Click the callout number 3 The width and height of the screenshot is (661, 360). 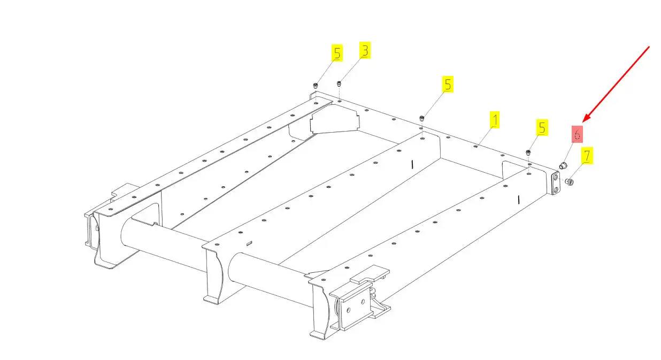pyautogui.click(x=365, y=50)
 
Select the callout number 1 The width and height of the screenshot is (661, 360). pyautogui.click(x=495, y=119)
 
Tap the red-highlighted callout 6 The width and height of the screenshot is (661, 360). pyautogui.click(x=577, y=134)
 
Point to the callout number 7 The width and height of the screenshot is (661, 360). pyautogui.click(x=587, y=155)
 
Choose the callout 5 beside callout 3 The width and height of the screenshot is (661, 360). pyautogui.click(x=337, y=53)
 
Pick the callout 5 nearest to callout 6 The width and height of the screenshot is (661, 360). pyautogui.click(x=542, y=127)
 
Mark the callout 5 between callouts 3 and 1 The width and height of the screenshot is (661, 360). pyautogui.click(x=448, y=84)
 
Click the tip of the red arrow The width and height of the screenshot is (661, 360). pyautogui.click(x=583, y=122)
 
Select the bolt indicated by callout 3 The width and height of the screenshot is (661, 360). pyautogui.click(x=339, y=84)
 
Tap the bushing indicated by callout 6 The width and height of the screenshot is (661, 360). pyautogui.click(x=563, y=166)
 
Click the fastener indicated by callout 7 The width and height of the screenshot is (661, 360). pyautogui.click(x=570, y=182)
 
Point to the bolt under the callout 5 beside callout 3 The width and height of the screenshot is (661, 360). pyautogui.click(x=316, y=86)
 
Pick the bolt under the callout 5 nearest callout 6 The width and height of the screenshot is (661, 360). pyautogui.click(x=528, y=152)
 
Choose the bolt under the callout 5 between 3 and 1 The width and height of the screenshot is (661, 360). pyautogui.click(x=422, y=118)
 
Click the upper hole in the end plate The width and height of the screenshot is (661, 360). pyautogui.click(x=556, y=178)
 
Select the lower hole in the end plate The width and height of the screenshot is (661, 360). pyautogui.click(x=556, y=190)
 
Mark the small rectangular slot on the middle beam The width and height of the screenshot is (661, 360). pyautogui.click(x=249, y=243)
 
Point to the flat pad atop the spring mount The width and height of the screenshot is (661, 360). pyautogui.click(x=370, y=274)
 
